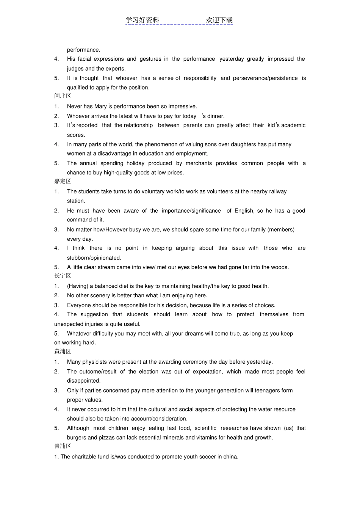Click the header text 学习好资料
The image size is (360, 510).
click(142, 20)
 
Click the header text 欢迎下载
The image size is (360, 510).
click(219, 20)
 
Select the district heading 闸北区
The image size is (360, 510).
click(63, 96)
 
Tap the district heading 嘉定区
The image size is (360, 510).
click(63, 181)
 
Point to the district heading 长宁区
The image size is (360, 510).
click(63, 276)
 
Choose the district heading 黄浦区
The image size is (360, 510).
click(63, 352)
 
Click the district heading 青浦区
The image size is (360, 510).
click(63, 446)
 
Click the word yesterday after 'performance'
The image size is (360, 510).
click(232, 59)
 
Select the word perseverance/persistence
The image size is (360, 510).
click(265, 78)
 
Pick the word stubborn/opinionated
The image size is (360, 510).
click(94, 258)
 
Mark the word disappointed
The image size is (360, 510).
click(83, 381)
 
